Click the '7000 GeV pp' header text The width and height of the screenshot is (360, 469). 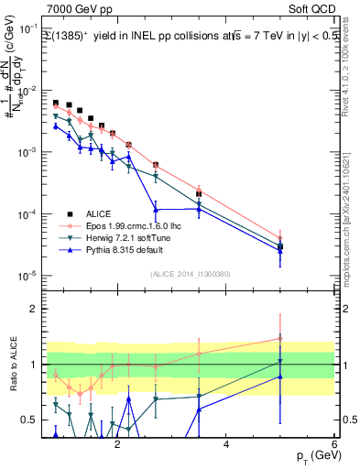coord(76,8)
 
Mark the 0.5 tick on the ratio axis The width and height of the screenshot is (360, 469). coord(31,420)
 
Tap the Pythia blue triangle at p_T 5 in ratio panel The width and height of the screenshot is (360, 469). coord(280,376)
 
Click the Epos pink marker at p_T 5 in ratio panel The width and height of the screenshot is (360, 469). coord(280,339)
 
